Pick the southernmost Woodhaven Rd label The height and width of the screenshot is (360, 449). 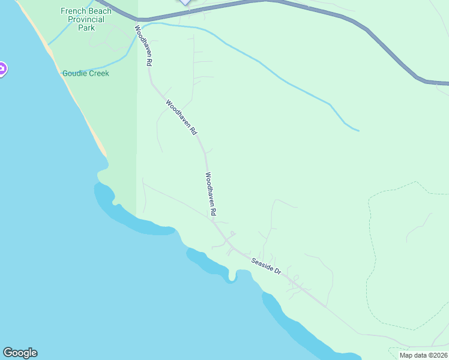click(210, 194)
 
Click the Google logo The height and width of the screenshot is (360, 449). click(20, 352)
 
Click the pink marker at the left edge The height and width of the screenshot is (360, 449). click(2, 70)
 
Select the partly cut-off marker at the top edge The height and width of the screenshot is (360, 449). click(185, 2)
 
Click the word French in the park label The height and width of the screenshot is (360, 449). click(73, 11)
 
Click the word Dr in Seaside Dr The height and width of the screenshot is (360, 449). click(277, 271)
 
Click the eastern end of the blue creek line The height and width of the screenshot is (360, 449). click(358, 130)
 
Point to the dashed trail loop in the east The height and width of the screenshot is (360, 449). click(368, 258)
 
